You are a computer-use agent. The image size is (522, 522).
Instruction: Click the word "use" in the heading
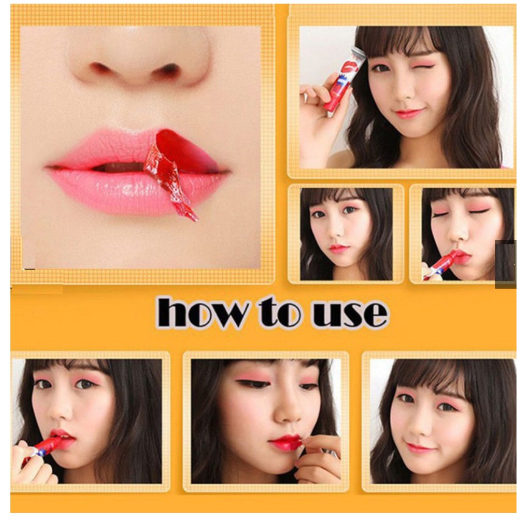tap(350, 314)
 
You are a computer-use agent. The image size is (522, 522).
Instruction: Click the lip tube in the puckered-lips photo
tap(439, 264)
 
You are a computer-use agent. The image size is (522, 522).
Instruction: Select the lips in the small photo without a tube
tap(339, 249)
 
